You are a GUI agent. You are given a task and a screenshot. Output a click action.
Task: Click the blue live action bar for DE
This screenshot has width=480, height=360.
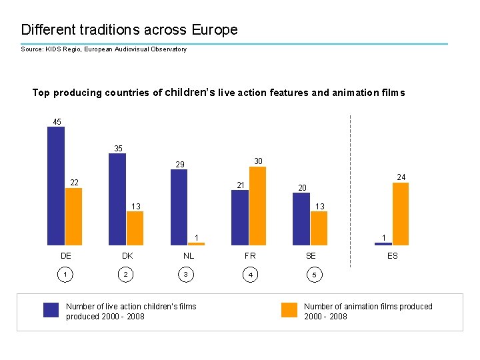click(56, 186)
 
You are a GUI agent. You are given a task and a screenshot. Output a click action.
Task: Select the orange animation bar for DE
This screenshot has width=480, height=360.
click(73, 217)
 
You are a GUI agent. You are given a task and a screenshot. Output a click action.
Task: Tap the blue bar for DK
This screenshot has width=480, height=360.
click(117, 199)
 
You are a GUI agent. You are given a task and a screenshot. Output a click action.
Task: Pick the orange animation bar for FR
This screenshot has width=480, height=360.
click(257, 206)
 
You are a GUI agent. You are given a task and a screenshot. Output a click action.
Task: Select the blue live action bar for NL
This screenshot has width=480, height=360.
click(179, 207)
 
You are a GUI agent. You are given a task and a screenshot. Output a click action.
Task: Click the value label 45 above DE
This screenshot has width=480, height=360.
click(57, 122)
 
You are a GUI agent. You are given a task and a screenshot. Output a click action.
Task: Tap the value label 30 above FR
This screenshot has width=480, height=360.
click(259, 161)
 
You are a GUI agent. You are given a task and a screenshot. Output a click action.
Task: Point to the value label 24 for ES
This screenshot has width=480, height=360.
click(401, 177)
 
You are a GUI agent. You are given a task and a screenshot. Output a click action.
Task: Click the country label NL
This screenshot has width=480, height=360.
click(189, 255)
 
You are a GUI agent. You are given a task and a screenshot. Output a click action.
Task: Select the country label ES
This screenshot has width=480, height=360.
click(393, 255)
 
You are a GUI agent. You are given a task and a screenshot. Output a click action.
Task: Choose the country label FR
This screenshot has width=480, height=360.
click(250, 255)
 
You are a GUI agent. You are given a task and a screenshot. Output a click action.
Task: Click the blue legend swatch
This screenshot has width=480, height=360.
click(51, 310)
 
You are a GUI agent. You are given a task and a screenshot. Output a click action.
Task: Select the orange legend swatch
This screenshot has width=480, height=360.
click(289, 310)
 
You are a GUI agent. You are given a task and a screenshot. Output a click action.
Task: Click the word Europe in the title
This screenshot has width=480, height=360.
click(214, 30)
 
